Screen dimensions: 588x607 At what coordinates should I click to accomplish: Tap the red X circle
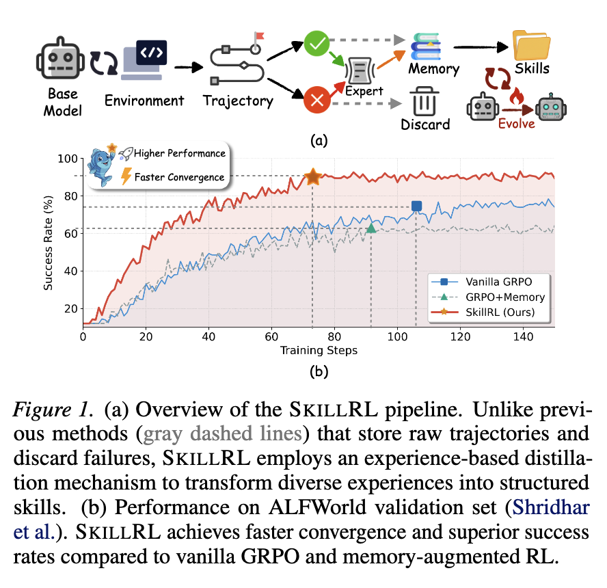pyautogui.click(x=316, y=103)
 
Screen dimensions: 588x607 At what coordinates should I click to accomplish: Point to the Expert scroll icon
pyautogui.click(x=364, y=70)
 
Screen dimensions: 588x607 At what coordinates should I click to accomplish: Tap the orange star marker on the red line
pyautogui.click(x=313, y=176)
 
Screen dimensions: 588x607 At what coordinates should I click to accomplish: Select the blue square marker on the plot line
pyautogui.click(x=416, y=206)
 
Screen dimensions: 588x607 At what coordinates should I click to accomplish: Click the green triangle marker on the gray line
pyautogui.click(x=371, y=228)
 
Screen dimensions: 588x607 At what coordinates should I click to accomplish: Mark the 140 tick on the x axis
pyautogui.click(x=522, y=336)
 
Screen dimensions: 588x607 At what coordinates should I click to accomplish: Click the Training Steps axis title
pyautogui.click(x=318, y=351)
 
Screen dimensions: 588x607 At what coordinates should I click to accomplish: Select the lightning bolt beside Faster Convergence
pyautogui.click(x=126, y=177)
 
